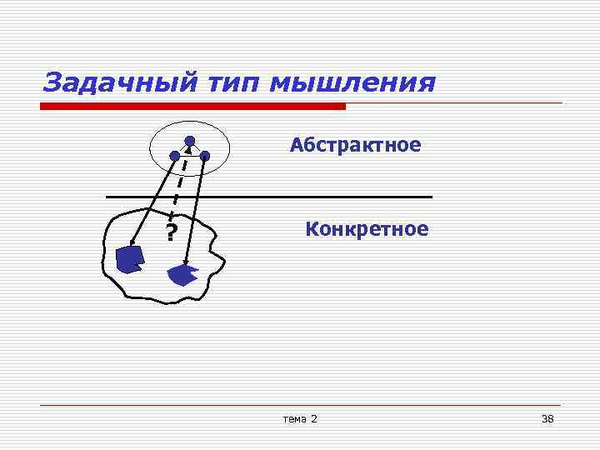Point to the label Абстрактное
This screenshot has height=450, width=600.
[x=356, y=146]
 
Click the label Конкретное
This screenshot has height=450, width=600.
[x=367, y=228]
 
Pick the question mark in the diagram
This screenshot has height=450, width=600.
[x=171, y=232]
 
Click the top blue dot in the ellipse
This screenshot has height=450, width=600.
[x=190, y=140]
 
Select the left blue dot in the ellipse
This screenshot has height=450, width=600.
[x=174, y=155]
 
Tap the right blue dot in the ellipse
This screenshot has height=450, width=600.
[x=204, y=155]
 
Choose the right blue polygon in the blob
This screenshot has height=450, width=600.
[x=181, y=275]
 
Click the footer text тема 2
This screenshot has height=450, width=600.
[x=300, y=418]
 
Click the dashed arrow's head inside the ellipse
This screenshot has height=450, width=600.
[x=187, y=150]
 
